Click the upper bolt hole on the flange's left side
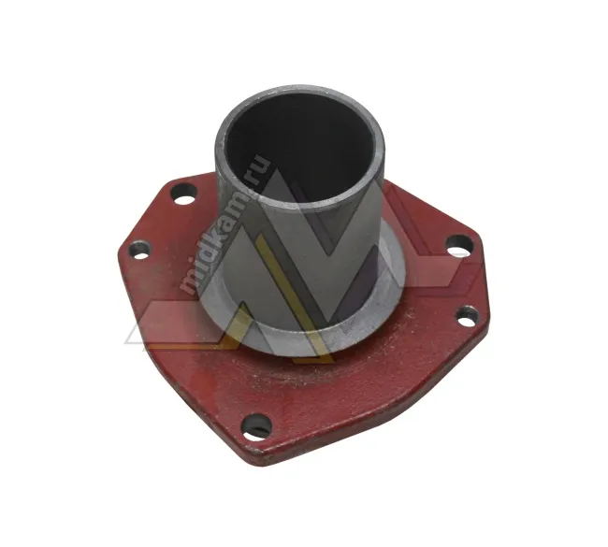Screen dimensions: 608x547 pos(183,194)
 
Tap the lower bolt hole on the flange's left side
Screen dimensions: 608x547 pos(139,250)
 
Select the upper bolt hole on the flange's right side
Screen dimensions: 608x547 pos(459,245)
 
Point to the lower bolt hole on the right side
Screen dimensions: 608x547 pos(468,317)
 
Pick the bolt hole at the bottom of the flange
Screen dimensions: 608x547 pos(256,427)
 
